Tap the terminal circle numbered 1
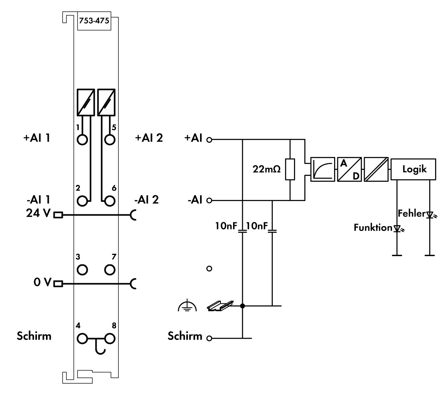pos(83,139)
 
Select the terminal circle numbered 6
pos(110,201)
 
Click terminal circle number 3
pos(83,269)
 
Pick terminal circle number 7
pos(110,269)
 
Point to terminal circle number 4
pos(83,338)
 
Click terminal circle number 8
pos(110,338)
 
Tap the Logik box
pos(413,169)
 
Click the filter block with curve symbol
pos(322,169)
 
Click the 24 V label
pos(37,215)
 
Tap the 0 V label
pos(41,283)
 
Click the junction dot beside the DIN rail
pos(243,306)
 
